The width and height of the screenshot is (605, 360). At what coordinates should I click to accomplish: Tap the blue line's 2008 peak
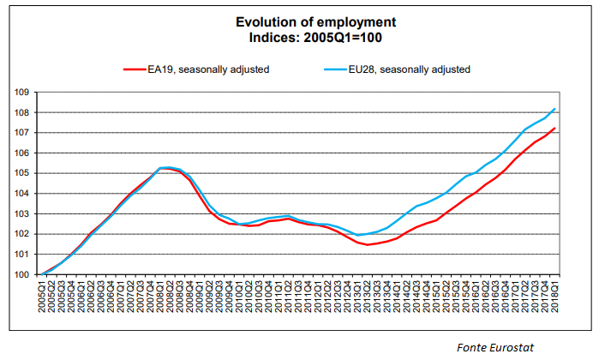tap(168, 167)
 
